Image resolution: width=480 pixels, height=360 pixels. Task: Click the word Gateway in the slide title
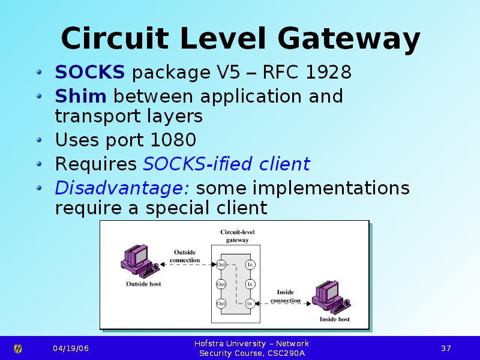(x=349, y=39)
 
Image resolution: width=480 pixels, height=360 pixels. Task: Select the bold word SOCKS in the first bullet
(x=89, y=72)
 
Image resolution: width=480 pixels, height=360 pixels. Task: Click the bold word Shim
(x=80, y=96)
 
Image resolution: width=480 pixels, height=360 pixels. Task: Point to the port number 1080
(x=173, y=140)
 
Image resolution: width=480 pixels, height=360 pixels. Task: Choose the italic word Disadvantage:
(x=122, y=188)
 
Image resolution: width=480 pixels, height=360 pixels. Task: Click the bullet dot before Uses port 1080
(x=39, y=140)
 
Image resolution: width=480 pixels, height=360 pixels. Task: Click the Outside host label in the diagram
(x=143, y=284)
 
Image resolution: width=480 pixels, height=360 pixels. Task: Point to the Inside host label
(x=335, y=319)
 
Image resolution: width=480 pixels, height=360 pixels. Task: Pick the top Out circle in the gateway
(x=221, y=265)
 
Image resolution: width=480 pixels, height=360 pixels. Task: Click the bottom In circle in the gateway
(x=250, y=304)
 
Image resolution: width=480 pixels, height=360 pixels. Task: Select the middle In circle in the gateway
(x=250, y=284)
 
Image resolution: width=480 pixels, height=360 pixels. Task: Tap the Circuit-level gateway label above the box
(x=237, y=236)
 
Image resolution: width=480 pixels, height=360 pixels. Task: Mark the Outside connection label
(x=185, y=256)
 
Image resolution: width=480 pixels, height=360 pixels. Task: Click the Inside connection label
(x=286, y=296)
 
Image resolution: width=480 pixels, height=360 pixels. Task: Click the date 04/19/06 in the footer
(x=71, y=349)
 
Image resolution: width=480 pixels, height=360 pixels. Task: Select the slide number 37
(x=446, y=349)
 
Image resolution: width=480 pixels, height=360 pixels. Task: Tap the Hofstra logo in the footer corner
(x=18, y=349)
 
